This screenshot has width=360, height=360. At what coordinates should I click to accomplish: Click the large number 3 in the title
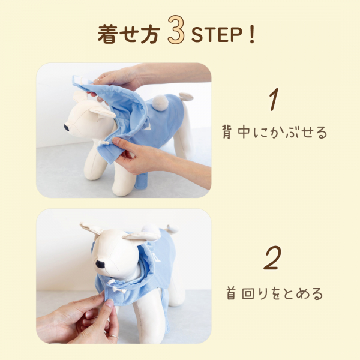(176, 30)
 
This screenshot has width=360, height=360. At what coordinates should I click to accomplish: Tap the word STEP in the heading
(217, 35)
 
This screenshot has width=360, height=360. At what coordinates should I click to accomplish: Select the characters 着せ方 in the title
(129, 35)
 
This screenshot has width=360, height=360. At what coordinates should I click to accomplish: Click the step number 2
(272, 258)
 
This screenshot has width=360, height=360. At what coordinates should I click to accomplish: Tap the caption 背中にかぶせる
(275, 132)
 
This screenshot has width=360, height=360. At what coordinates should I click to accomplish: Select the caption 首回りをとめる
(275, 293)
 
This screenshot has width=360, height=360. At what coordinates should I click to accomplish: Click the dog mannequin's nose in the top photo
(67, 126)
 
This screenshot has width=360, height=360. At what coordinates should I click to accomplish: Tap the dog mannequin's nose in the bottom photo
(101, 265)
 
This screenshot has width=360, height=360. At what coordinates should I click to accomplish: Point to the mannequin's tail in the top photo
(186, 97)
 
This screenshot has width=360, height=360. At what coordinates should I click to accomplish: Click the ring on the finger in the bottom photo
(113, 337)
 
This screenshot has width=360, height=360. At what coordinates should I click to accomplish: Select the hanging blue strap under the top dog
(140, 183)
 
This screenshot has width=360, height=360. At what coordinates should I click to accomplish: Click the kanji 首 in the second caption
(231, 293)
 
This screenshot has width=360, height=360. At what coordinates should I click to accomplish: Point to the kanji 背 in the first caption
(227, 133)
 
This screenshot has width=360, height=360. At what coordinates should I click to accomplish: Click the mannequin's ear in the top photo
(103, 112)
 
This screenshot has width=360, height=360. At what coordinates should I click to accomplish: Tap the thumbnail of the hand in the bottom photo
(110, 304)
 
